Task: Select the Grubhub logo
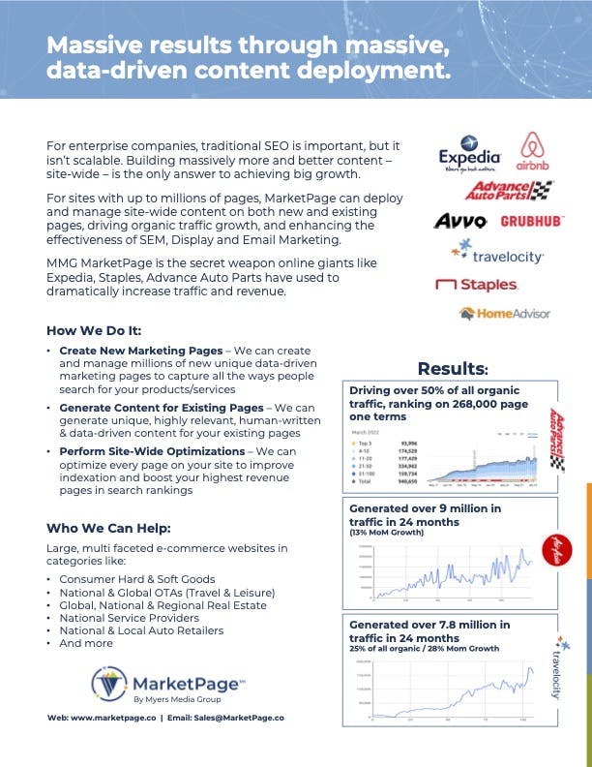[531, 221]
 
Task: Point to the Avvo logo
[459, 221]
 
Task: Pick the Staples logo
[476, 285]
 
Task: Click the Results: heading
[452, 368]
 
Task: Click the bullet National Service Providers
[129, 617]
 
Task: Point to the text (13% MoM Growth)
[383, 533]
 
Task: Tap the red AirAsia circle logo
[557, 545]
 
